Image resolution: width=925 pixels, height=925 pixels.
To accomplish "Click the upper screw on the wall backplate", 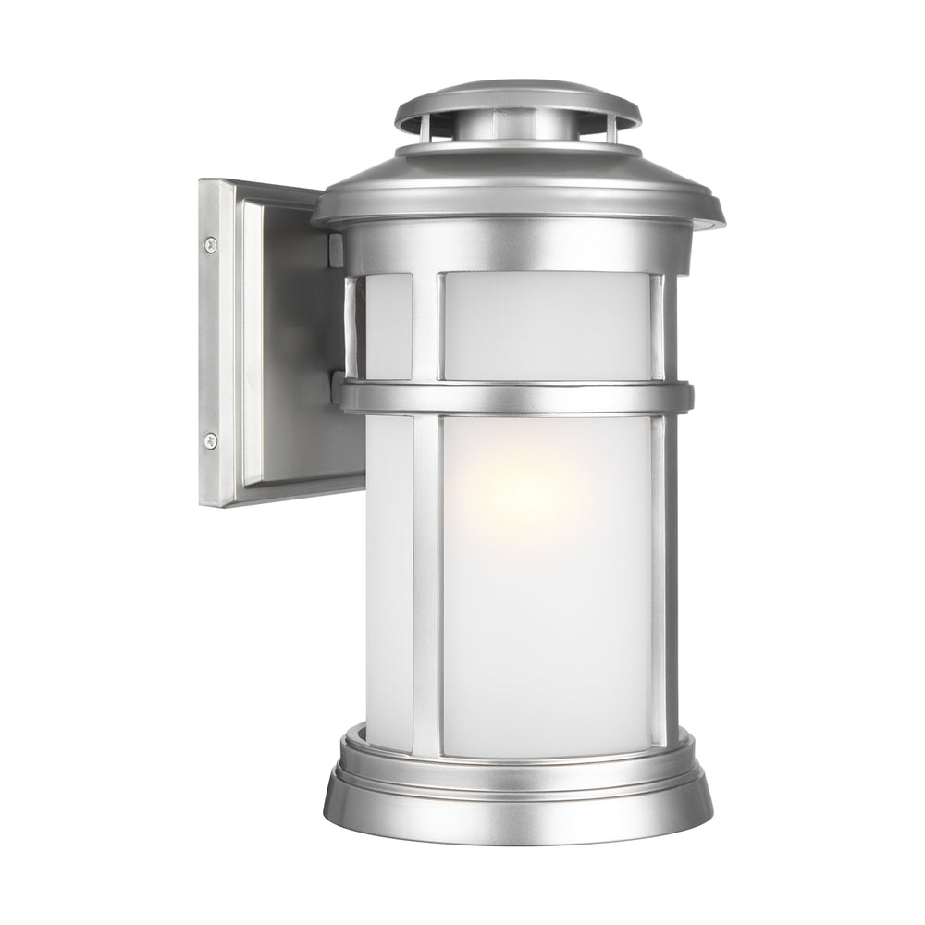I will pos(211,244).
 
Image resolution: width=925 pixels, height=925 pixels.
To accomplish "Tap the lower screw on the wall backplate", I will pos(211,440).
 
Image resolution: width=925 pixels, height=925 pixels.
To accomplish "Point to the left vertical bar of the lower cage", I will pos(426,583).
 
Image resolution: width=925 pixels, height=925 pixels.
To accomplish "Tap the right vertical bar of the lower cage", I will pos(659,583).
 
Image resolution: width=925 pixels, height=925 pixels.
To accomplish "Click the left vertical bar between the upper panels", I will pos(426,324).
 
